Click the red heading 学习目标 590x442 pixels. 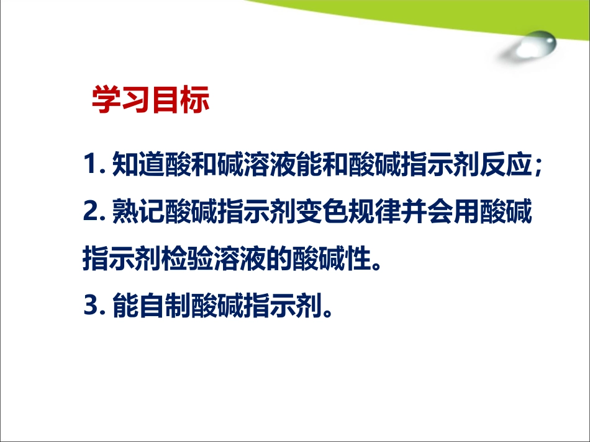click(x=150, y=101)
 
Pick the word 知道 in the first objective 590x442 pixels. click(x=138, y=166)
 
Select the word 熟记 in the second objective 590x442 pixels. click(x=138, y=212)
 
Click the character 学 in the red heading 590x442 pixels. click(x=106, y=101)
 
